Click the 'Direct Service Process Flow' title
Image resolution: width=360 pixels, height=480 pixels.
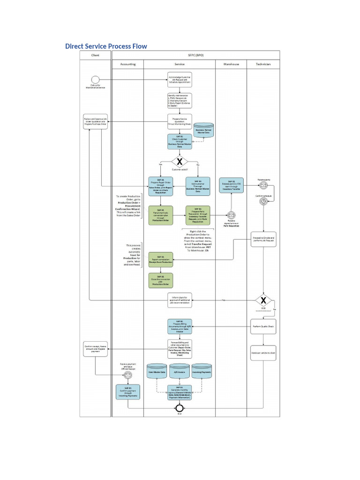pyautogui.click(x=106, y=46)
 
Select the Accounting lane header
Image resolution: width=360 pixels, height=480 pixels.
pyautogui.click(x=127, y=64)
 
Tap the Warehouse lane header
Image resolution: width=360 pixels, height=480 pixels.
pyautogui.click(x=231, y=64)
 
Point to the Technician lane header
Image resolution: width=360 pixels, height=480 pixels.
pyautogui.click(x=263, y=64)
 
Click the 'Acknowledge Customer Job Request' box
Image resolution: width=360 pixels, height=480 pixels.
pyautogui.click(x=180, y=80)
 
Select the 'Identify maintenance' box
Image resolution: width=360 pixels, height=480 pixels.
pyautogui.click(x=180, y=100)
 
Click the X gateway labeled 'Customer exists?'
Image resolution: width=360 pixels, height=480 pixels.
pyautogui.click(x=179, y=162)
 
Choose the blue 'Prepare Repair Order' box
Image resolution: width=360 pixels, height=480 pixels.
pyautogui.click(x=161, y=186)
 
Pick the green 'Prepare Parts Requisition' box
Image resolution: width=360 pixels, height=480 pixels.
pyautogui.click(x=198, y=215)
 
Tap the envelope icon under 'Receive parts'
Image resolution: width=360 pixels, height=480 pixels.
pyautogui.click(x=263, y=186)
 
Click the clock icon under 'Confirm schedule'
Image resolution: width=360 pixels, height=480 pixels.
pyautogui.click(x=263, y=201)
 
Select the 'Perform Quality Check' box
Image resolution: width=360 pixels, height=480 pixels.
pyautogui.click(x=263, y=326)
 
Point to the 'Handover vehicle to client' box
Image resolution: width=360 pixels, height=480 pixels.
pyautogui.click(x=263, y=352)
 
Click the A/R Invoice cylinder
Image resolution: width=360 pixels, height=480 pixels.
pyautogui.click(x=180, y=371)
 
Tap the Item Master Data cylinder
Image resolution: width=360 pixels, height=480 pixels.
pyautogui.click(x=157, y=371)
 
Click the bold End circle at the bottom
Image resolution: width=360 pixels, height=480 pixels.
pyautogui.click(x=180, y=408)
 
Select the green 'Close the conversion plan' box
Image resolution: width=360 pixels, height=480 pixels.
pyautogui.click(x=161, y=280)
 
